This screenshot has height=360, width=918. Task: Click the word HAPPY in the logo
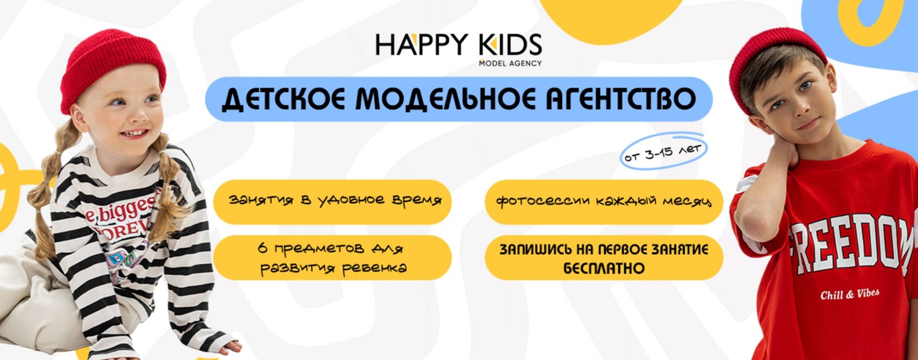click(x=417, y=45)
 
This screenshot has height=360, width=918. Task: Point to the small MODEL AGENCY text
click(x=510, y=63)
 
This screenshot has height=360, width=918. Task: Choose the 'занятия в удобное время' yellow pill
click(x=332, y=201)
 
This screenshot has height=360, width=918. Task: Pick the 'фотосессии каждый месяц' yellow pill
click(x=603, y=201)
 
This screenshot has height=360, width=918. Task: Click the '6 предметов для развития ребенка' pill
click(x=332, y=258)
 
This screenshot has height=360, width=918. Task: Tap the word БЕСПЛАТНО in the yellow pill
click(x=603, y=268)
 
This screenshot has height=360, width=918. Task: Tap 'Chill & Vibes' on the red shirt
click(x=849, y=295)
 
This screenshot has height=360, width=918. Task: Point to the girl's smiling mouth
click(x=134, y=133)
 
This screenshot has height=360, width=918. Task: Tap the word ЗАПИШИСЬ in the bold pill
click(x=531, y=249)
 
